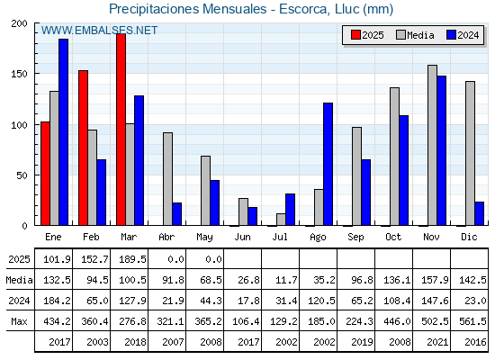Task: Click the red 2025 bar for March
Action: click(121, 130)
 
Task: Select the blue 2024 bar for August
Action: click(328, 164)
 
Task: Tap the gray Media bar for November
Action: click(432, 145)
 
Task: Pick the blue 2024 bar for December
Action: click(479, 213)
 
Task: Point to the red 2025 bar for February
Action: click(83, 148)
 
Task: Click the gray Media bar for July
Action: click(281, 220)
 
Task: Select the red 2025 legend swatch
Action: click(355, 35)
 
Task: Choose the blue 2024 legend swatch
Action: click(451, 35)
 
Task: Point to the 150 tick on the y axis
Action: click(20, 74)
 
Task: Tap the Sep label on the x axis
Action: click(355, 238)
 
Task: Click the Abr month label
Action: click(166, 238)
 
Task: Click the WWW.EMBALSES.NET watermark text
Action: click(99, 31)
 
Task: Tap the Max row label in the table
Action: click(19, 321)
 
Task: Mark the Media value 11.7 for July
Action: click(286, 280)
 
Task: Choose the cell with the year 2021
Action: click(437, 342)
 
